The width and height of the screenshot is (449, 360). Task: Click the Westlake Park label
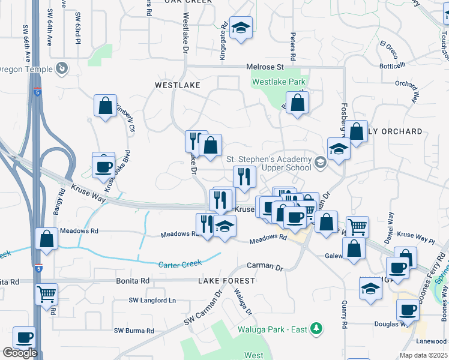(x=279, y=82)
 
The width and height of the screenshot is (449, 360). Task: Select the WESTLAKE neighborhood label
(x=177, y=86)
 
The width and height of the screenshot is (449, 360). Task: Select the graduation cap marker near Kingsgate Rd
(x=241, y=28)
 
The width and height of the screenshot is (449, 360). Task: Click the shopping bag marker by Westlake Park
(x=297, y=103)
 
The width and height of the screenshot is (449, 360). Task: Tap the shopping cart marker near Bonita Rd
(x=46, y=294)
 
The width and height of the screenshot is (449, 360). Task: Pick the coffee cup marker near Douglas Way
(x=408, y=310)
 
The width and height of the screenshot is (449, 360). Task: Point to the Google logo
(x=20, y=353)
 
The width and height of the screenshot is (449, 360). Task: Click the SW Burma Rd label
(x=134, y=331)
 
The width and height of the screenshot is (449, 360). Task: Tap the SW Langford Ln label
(x=152, y=300)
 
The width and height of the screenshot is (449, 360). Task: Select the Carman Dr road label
(x=265, y=266)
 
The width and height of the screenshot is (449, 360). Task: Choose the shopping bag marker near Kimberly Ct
(x=106, y=106)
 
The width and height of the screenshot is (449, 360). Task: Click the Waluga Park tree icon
(x=316, y=329)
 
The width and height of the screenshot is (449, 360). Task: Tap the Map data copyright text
(x=424, y=355)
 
